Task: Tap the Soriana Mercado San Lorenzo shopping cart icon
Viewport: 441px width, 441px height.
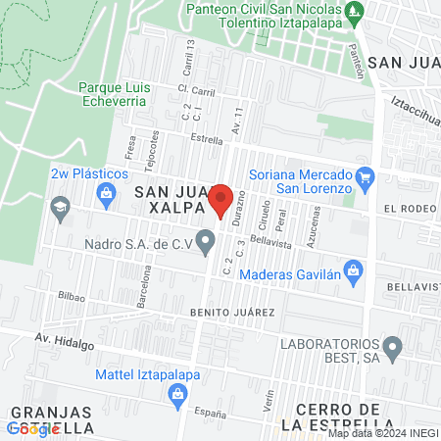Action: coord(366,177)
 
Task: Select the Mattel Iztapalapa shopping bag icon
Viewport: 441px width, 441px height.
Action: coord(178,395)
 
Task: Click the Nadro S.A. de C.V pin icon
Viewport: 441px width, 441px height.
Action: coord(206,241)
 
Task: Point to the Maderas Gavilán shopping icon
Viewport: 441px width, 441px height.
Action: coord(355,269)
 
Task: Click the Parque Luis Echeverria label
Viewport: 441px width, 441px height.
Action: coord(115,94)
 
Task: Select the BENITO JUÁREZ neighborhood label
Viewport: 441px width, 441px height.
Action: coord(240,312)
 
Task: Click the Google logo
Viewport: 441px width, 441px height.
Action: coord(32,427)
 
